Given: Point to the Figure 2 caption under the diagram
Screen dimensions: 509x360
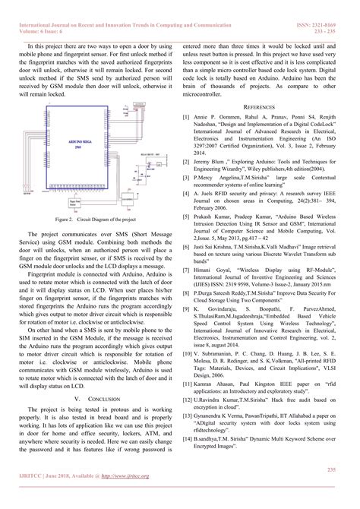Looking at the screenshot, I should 90,198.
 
